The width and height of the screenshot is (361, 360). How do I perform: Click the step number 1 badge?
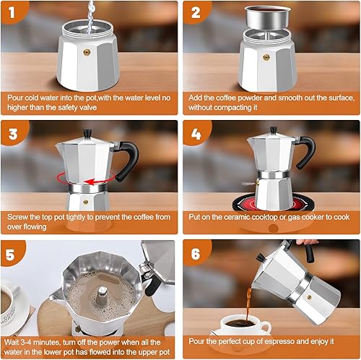point(14,14)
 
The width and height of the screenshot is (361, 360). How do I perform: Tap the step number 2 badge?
point(197,14)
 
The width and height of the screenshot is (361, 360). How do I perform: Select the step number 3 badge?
point(14,134)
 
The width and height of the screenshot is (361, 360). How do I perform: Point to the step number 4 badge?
point(197,134)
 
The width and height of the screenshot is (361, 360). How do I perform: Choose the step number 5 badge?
point(14,254)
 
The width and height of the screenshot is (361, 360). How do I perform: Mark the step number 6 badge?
point(197,254)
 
